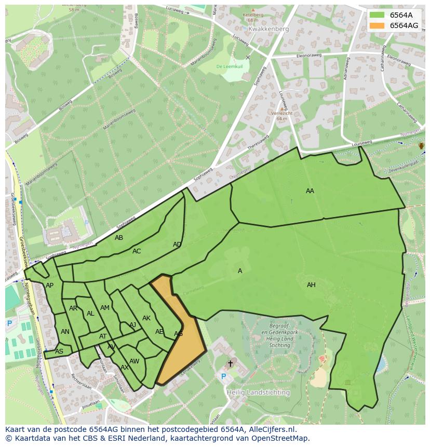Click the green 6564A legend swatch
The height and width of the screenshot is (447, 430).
tap(377, 15)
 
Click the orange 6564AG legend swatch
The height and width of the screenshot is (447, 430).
tap(377, 25)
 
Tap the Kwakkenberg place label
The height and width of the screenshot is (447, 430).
tap(268, 30)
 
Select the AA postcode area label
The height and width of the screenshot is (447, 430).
tap(310, 191)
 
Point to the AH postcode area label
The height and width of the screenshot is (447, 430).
tap(311, 285)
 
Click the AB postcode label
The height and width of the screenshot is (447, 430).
tap(119, 238)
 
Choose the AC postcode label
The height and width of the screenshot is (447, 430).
tap(137, 251)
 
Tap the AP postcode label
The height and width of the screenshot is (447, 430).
tap(49, 286)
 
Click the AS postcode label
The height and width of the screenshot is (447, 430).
tap(59, 351)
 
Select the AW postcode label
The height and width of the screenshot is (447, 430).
tap(135, 361)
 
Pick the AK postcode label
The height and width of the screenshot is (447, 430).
tap(146, 318)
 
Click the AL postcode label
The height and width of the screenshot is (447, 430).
tap(90, 314)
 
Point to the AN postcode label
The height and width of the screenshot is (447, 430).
tap(65, 332)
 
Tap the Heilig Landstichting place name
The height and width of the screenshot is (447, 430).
tap(258, 392)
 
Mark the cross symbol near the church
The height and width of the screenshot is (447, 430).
tap(230, 363)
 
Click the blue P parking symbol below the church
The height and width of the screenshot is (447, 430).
tap(224, 376)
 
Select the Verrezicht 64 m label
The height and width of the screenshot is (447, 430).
tap(282, 116)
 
